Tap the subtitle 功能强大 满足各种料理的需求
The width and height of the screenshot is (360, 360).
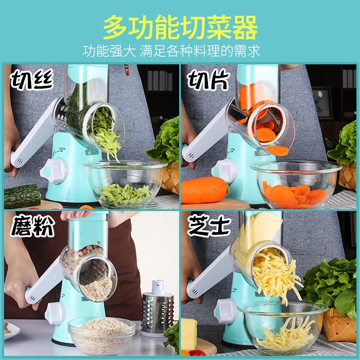171,51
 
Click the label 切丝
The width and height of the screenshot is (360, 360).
32,80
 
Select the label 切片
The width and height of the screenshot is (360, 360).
208,80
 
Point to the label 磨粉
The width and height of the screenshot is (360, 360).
32,226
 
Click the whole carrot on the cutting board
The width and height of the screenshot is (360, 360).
205,190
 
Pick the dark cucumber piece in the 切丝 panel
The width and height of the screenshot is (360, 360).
22,197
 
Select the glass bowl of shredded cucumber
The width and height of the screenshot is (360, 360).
124,183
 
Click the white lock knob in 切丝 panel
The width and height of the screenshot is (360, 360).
54,171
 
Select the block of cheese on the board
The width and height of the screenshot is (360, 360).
189,331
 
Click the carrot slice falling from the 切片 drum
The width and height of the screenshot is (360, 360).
278,150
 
